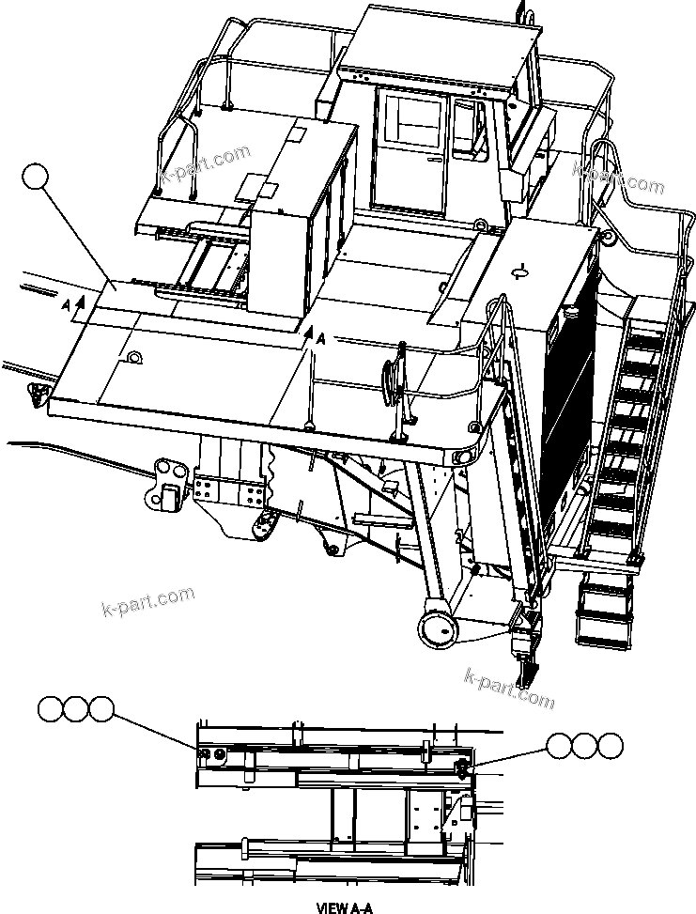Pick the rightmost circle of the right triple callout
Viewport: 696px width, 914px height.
(x=611, y=746)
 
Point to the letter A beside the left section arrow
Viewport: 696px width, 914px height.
(x=65, y=306)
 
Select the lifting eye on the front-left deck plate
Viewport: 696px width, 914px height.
(x=134, y=357)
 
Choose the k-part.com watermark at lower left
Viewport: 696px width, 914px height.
(x=147, y=602)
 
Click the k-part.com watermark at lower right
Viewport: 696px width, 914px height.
(x=509, y=689)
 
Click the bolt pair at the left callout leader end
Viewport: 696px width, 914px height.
(x=212, y=753)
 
